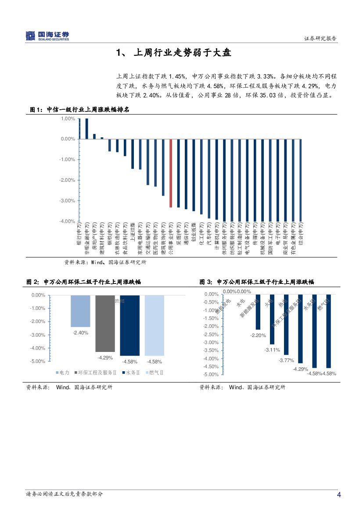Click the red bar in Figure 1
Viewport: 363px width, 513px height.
coord(171,173)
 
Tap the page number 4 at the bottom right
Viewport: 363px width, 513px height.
coord(338,495)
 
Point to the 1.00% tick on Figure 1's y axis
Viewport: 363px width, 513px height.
coord(68,118)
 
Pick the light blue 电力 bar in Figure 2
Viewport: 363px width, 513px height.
coord(80,311)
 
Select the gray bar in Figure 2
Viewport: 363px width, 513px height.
coord(105,323)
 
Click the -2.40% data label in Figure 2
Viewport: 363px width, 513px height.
coord(80,333)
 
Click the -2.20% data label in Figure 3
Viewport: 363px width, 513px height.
coord(258,335)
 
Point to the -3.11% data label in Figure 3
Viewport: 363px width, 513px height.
coord(272,350)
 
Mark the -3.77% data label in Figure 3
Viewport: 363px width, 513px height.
coord(286,360)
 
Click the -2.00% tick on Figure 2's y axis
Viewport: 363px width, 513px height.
coord(38,321)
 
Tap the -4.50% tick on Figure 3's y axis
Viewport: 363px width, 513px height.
coord(211,366)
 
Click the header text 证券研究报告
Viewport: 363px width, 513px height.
coord(320,39)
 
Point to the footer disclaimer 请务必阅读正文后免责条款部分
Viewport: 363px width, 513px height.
coord(65,494)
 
